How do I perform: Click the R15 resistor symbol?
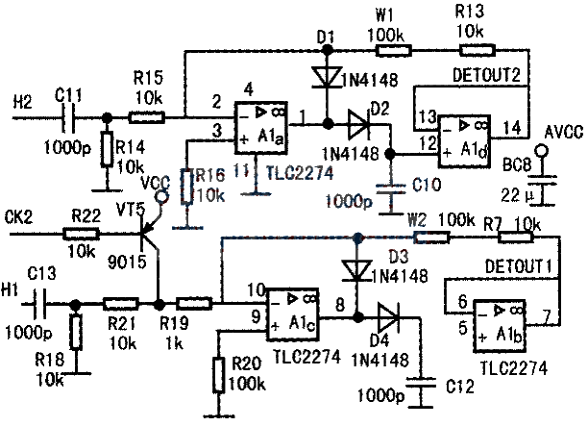(x=146, y=117)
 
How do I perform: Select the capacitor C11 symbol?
(x=68, y=117)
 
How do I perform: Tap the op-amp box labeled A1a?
(x=261, y=127)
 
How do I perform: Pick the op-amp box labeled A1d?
(x=465, y=140)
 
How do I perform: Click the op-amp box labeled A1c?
(x=292, y=314)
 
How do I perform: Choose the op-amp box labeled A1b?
(x=499, y=326)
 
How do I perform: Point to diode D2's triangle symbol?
(x=357, y=123)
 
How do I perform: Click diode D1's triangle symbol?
(x=328, y=77)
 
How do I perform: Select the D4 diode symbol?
(x=388, y=317)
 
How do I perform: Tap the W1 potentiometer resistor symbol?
(x=394, y=50)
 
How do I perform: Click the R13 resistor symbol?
(x=478, y=50)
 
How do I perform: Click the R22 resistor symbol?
(x=82, y=235)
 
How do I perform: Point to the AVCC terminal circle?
(x=542, y=151)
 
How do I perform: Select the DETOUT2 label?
(x=487, y=75)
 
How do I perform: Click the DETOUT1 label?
(x=519, y=266)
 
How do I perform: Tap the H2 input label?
(x=23, y=102)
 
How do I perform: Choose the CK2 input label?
(x=19, y=217)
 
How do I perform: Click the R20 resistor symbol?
(x=219, y=375)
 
